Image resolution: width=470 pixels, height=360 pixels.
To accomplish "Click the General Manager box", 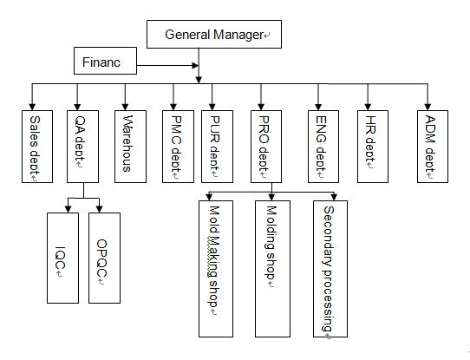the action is coord(214,34).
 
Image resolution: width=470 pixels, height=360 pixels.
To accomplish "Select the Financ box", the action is coord(105,61).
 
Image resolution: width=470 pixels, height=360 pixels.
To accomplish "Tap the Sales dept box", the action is coord(37,147).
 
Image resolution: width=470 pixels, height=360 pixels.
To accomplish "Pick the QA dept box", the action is coord(82,147).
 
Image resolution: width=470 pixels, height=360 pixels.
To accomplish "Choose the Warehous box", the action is coord(130,147).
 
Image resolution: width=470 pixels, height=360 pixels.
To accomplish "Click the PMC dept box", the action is coord(178,147).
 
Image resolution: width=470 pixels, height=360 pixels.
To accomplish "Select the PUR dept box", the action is coord(217,147).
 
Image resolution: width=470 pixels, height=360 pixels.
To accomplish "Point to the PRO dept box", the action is coord(266,147).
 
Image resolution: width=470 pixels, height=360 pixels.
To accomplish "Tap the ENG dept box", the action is coord(323,147).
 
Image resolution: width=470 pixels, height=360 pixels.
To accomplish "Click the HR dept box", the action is coord(373,147).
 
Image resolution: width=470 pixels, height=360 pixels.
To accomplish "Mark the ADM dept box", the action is coord(433,147).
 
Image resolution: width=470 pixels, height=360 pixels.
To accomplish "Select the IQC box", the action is coord(63,259).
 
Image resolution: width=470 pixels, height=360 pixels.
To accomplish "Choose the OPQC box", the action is coord(104,259).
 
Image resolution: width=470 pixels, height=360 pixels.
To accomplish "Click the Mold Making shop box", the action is coord(216,269).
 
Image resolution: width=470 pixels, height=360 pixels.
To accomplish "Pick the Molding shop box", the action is coord(272,269).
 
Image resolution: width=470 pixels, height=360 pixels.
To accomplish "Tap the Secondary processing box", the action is coord(330,269).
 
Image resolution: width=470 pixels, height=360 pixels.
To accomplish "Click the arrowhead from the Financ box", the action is coord(195,65).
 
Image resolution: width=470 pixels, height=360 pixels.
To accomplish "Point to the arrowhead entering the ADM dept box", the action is coord(428,107).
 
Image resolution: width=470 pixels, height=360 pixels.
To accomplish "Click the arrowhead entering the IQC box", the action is coord(68,209).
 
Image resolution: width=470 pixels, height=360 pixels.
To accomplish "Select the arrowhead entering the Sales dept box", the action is coord(32,107).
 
